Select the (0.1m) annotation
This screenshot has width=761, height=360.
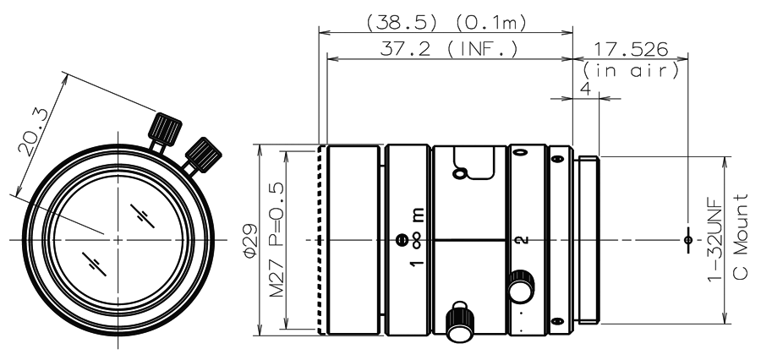pos(490,24)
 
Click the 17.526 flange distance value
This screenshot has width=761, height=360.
pos(631,48)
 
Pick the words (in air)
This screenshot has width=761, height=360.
pos(631,71)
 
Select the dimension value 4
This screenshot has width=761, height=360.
pos(586,90)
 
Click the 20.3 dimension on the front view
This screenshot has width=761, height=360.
pos(34,132)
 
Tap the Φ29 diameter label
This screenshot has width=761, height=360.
pos(250,241)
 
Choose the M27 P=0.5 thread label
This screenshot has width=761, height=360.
pos(276,240)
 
